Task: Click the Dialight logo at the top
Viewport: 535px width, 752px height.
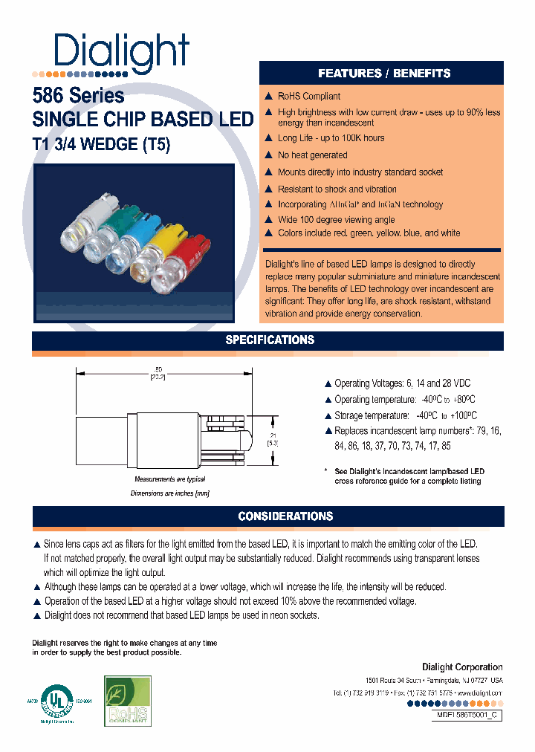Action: coord(122,52)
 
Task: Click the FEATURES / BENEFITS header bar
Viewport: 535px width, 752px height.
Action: coord(383,73)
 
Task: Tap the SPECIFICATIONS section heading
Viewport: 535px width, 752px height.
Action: coord(270,340)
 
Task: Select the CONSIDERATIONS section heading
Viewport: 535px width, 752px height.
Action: coord(285,516)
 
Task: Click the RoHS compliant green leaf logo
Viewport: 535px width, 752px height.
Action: coord(128,701)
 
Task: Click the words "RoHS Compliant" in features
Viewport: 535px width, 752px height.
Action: coord(309,97)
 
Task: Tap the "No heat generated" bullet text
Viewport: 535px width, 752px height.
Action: coord(312,155)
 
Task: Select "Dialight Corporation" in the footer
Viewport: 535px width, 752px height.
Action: coord(462,667)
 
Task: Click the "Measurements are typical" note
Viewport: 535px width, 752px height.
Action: coord(169,480)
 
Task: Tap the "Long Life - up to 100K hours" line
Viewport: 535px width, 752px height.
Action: coord(331,138)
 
